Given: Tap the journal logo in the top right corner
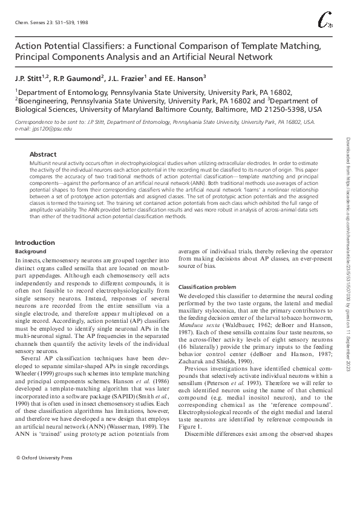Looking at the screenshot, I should pos(325,22).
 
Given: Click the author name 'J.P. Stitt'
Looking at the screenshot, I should pos(31,78).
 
